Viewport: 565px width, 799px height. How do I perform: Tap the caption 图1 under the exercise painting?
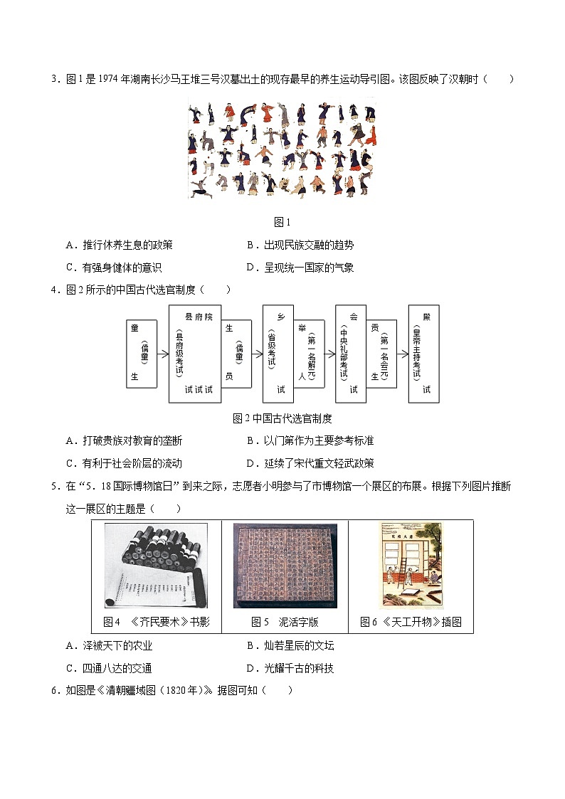point(282,222)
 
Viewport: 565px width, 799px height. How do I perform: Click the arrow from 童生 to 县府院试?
point(163,354)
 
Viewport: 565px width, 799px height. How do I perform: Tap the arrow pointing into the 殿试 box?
point(403,354)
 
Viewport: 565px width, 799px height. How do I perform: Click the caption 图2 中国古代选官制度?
point(282,418)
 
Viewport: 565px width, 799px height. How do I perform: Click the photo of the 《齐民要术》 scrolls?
point(156,566)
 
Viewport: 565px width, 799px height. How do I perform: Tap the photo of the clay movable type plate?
point(285,566)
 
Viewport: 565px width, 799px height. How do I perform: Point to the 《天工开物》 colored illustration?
point(411,566)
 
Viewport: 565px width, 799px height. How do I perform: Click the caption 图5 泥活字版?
point(285,622)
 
